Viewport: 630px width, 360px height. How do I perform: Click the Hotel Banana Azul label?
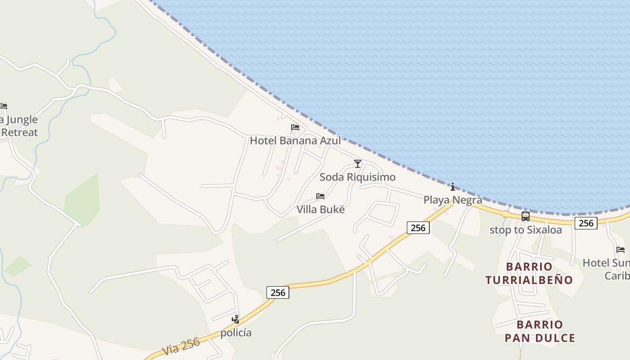pyautogui.click(x=295, y=140)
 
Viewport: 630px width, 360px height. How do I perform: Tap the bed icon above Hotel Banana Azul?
pyautogui.click(x=295, y=127)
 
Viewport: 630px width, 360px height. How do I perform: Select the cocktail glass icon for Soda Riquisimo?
pyautogui.click(x=358, y=163)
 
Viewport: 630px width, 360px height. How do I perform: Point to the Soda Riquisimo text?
pyautogui.click(x=357, y=177)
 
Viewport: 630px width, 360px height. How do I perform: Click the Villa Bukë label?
pyautogui.click(x=320, y=209)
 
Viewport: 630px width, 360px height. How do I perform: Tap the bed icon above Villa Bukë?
pyautogui.click(x=320, y=196)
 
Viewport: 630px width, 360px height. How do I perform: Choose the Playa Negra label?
pyautogui.click(x=453, y=200)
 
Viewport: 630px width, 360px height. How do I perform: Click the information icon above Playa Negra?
pyautogui.click(x=453, y=187)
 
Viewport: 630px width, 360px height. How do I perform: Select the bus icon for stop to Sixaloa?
pyautogui.click(x=526, y=216)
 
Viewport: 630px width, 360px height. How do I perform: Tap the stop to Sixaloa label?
pyautogui.click(x=526, y=230)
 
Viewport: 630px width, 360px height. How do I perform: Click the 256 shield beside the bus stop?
pyautogui.click(x=586, y=223)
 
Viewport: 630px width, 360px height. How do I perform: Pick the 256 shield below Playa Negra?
pyautogui.click(x=418, y=228)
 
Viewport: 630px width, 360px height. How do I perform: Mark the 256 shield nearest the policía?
pyautogui.click(x=278, y=292)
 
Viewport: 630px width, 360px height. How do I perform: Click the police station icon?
pyautogui.click(x=235, y=319)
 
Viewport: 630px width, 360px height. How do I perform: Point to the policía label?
pyautogui.click(x=236, y=333)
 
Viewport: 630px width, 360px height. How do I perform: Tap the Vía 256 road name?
pyautogui.click(x=181, y=346)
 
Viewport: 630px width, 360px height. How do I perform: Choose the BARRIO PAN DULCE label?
pyautogui.click(x=540, y=331)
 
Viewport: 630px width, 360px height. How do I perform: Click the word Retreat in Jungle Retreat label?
pyautogui.click(x=19, y=132)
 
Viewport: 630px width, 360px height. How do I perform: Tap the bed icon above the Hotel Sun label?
pyautogui.click(x=621, y=249)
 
